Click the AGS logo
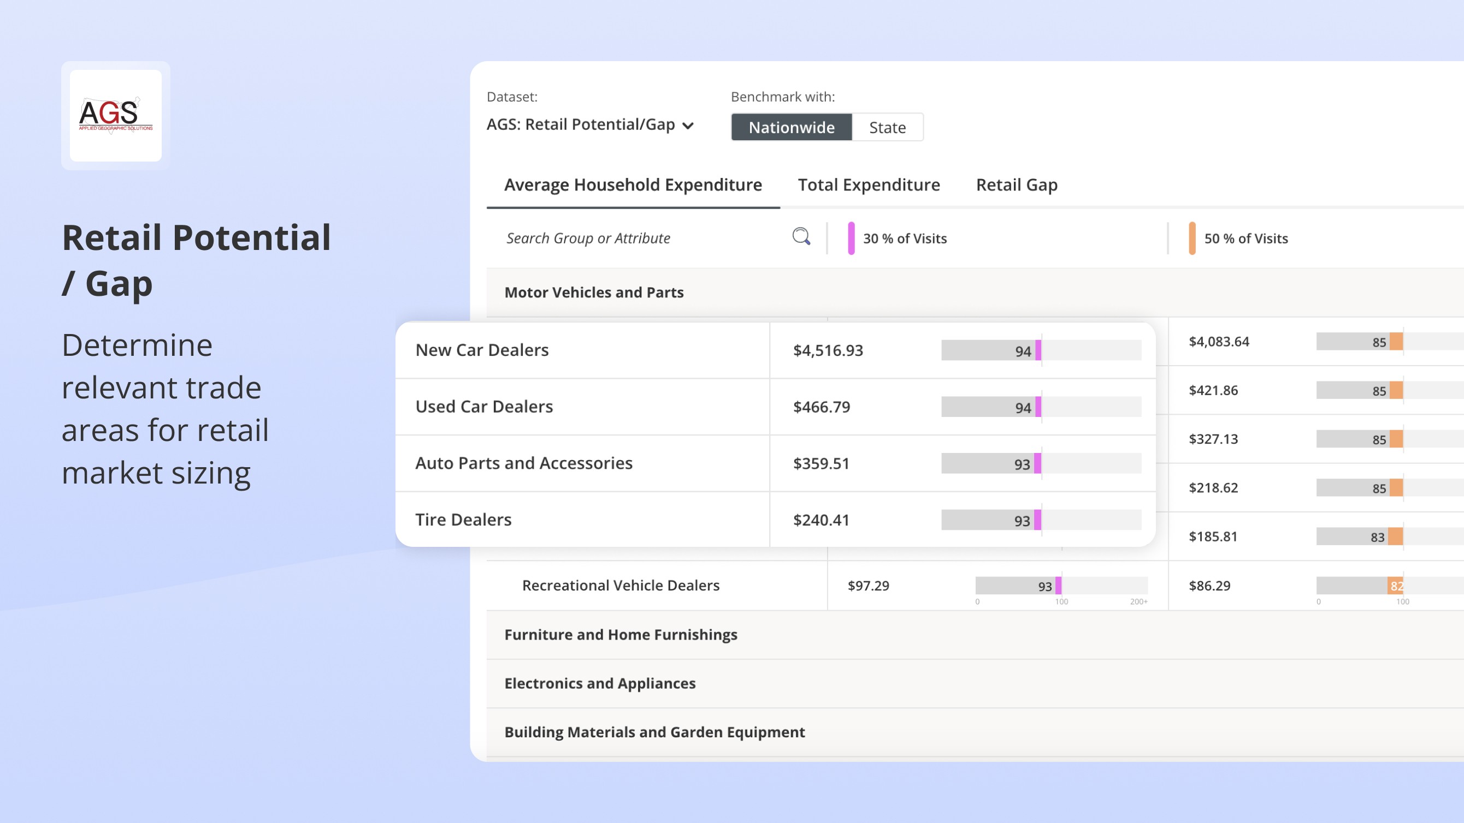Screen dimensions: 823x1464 tap(115, 115)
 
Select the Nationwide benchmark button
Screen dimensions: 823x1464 tap(791, 127)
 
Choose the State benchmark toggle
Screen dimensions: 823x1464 tap(887, 127)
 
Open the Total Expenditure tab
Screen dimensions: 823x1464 tap(869, 184)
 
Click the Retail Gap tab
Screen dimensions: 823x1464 tap(1016, 184)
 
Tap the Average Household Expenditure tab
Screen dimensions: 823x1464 tap(633, 184)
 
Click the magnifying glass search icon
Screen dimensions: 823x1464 tap(801, 236)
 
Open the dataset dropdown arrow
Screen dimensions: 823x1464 tap(688, 126)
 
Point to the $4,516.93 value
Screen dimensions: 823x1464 tap(828, 350)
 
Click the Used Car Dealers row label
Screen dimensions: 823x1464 tap(483, 407)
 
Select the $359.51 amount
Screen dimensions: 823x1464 tap(820, 463)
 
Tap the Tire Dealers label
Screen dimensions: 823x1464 tap(463, 520)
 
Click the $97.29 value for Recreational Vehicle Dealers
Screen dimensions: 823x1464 tap(868, 586)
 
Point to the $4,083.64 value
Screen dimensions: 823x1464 tap(1219, 341)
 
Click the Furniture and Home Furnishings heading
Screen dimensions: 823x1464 tap(621, 634)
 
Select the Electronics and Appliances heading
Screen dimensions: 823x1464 tap(600, 683)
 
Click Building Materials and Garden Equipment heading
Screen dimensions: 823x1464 tap(654, 732)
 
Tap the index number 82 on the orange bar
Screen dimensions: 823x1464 tap(1396, 586)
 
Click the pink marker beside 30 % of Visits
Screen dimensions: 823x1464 tap(851, 238)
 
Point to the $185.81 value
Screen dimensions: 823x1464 tap(1213, 536)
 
